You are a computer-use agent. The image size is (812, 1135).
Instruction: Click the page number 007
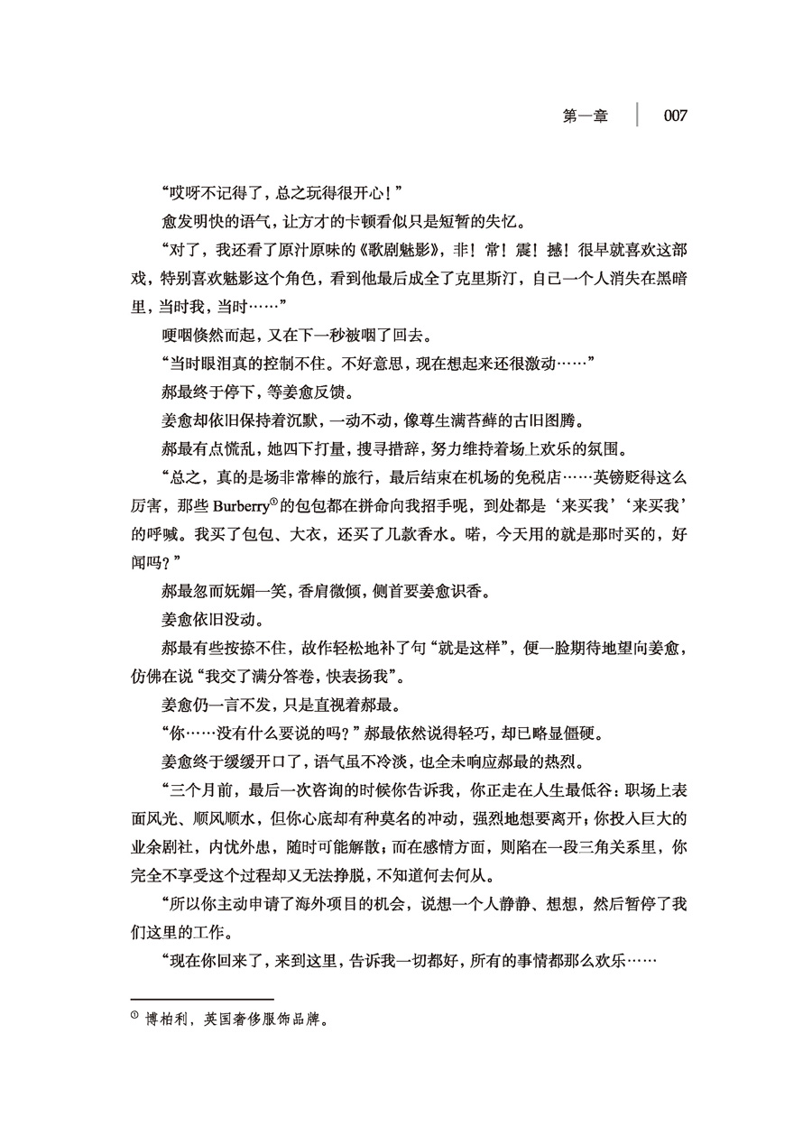tap(676, 116)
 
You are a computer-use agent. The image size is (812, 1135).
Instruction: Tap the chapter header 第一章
tap(586, 116)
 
